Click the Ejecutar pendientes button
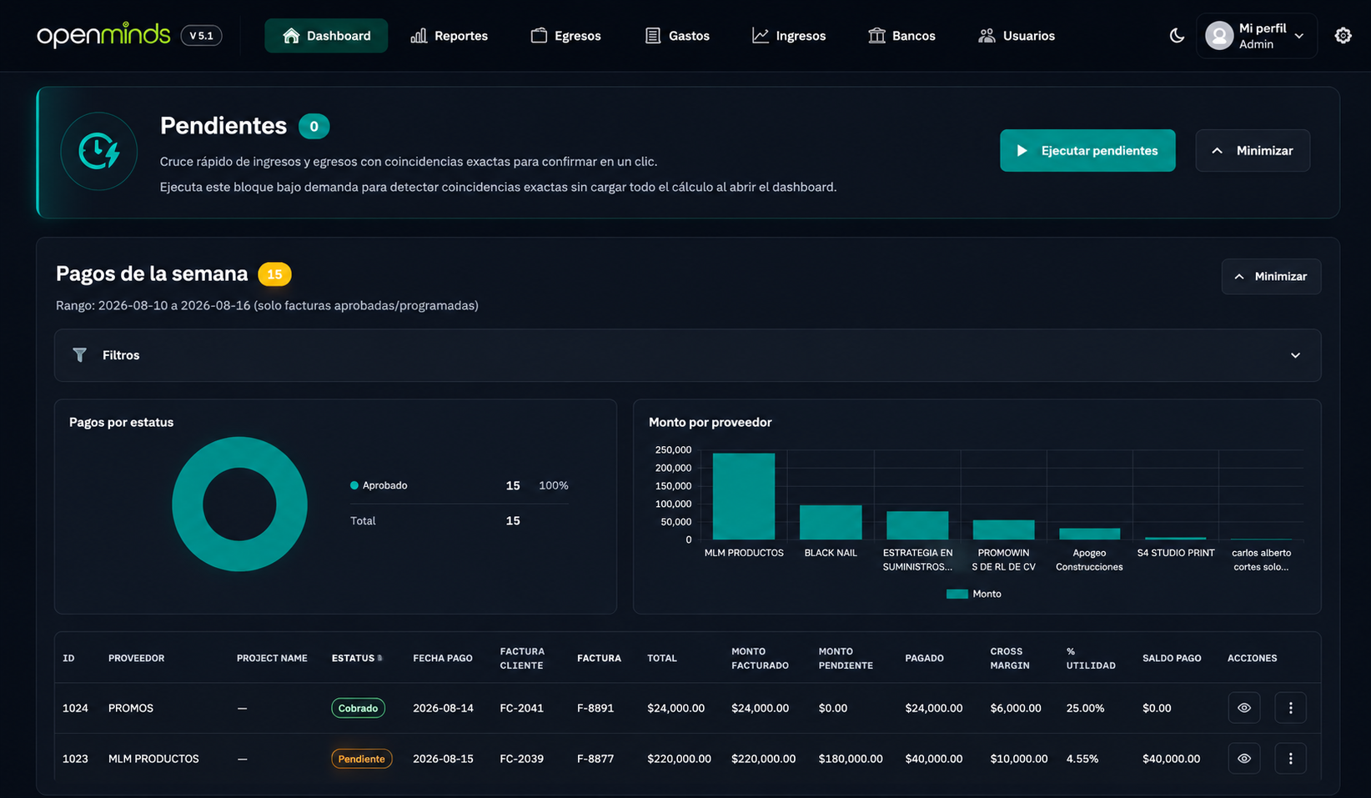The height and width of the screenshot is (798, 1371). [1087, 151]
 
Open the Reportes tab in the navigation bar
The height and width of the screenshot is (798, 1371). [449, 36]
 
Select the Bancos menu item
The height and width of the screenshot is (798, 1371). [901, 36]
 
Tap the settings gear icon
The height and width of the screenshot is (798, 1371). [1343, 36]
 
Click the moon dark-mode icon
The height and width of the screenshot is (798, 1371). [1177, 36]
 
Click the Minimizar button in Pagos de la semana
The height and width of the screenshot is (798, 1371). [1271, 277]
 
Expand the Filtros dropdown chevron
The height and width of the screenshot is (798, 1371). [1295, 355]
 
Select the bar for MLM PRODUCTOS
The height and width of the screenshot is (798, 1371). [744, 496]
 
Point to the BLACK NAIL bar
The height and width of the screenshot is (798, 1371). [831, 522]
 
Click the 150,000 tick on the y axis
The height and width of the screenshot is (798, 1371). [673, 486]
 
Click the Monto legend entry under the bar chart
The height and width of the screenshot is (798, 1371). [973, 594]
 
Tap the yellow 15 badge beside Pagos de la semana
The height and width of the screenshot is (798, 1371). [274, 274]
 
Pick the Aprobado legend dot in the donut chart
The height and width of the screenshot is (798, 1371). [354, 485]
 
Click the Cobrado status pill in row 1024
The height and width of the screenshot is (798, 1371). [358, 708]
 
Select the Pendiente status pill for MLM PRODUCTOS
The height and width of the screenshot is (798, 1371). [361, 759]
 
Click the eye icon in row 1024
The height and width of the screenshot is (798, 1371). [1243, 708]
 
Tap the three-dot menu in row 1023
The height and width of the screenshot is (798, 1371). [1290, 759]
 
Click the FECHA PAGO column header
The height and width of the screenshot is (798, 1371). [443, 659]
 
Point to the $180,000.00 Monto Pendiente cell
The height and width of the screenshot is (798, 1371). [850, 759]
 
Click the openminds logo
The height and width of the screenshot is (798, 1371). [103, 36]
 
